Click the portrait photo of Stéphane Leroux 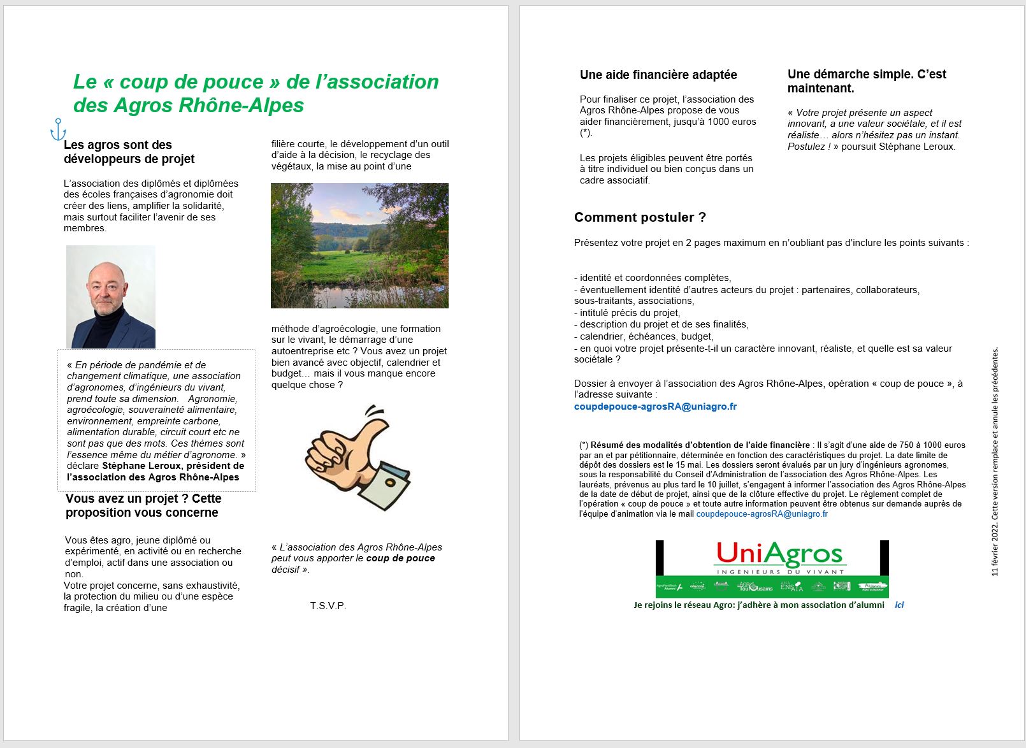pyautogui.click(x=111, y=297)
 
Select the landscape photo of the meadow pyautogui.click(x=359, y=245)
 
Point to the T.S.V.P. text pyautogui.click(x=328, y=605)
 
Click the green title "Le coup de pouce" pyautogui.click(x=256, y=93)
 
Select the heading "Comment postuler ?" pyautogui.click(x=640, y=217)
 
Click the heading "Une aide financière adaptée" pyautogui.click(x=658, y=75)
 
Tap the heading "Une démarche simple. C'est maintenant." pyautogui.click(x=867, y=81)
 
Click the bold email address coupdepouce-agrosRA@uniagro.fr pyautogui.click(x=655, y=406)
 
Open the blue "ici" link pyautogui.click(x=899, y=605)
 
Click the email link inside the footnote pyautogui.click(x=762, y=514)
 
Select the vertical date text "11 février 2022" pyautogui.click(x=995, y=542)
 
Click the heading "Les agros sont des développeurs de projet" pyautogui.click(x=129, y=152)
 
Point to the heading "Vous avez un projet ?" pyautogui.click(x=143, y=505)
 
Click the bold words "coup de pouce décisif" pyautogui.click(x=400, y=558)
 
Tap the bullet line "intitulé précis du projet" pyautogui.click(x=630, y=313)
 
